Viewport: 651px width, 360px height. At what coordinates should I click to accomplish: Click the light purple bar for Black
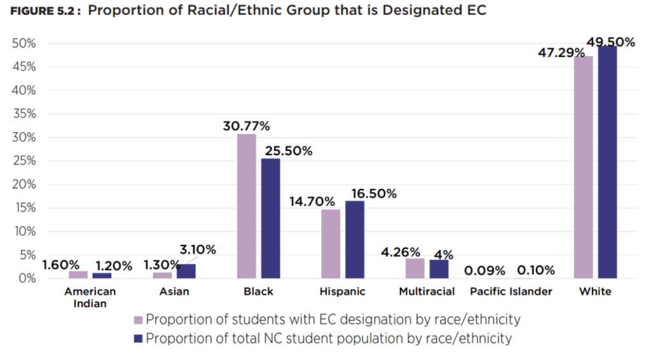247,206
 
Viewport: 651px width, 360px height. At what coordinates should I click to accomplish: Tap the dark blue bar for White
607,162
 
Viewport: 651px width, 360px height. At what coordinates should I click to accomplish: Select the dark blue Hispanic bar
355,240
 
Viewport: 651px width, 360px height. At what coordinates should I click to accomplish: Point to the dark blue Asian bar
186,271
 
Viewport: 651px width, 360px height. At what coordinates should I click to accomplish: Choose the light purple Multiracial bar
415,268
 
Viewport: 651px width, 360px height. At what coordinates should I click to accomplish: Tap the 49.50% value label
610,43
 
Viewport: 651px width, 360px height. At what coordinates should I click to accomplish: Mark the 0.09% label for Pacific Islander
484,271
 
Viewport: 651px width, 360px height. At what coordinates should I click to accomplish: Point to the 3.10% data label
196,250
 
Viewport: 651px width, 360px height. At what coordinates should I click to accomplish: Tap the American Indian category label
90,297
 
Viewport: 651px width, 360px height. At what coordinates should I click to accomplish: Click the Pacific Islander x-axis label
511,292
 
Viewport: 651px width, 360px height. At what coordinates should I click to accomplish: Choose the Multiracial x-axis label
427,292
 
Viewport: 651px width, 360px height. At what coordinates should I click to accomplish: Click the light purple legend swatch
138,319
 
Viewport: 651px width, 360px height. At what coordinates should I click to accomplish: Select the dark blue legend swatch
138,338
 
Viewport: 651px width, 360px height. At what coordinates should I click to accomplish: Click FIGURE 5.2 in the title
43,13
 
